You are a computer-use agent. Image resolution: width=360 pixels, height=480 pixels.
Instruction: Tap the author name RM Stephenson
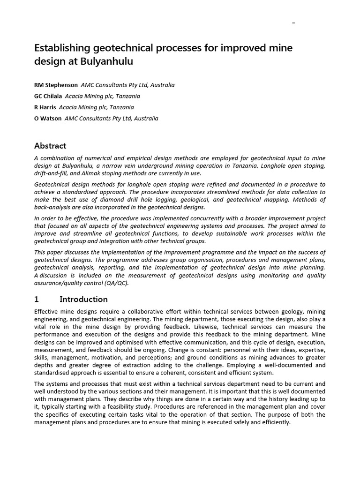pyautogui.click(x=56, y=85)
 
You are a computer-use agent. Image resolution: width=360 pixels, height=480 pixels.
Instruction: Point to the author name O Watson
pyautogui.click(x=48, y=119)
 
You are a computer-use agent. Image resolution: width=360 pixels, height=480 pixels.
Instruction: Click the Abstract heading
pyautogui.click(x=50, y=145)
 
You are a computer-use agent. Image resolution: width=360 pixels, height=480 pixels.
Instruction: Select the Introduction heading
pyautogui.click(x=83, y=299)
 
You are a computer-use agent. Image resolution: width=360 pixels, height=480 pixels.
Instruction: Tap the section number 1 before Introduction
pyautogui.click(x=37, y=299)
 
